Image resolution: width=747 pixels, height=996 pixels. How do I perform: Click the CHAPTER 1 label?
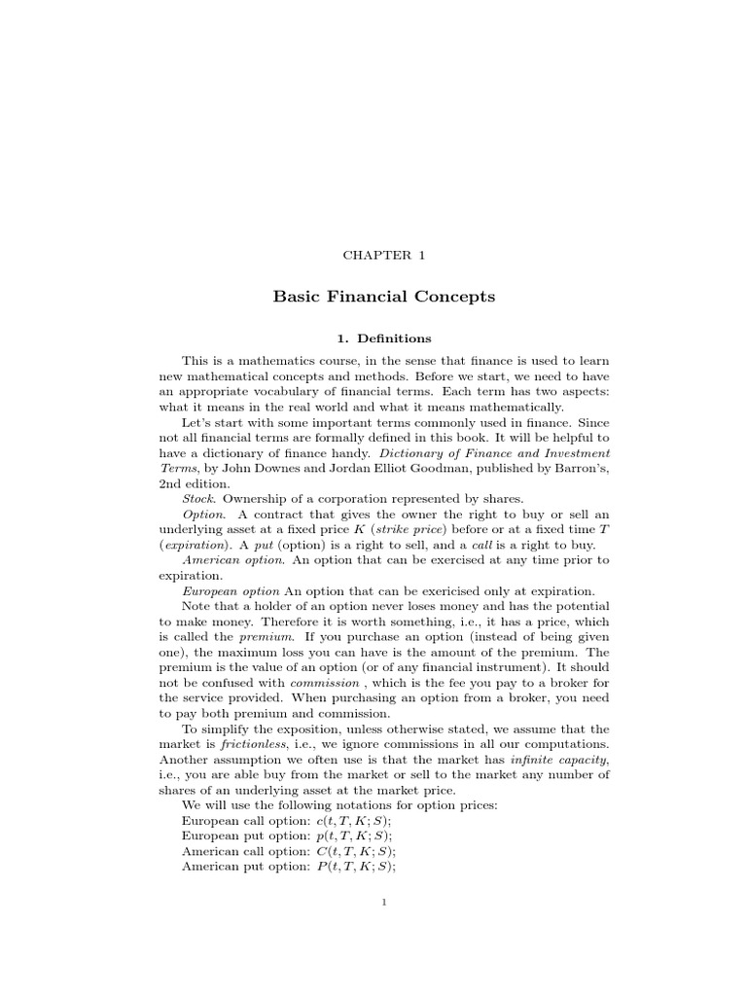click(x=384, y=256)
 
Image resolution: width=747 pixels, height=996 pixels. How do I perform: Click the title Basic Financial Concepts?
click(x=384, y=297)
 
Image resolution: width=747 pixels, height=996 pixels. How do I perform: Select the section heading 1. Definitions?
click(x=384, y=338)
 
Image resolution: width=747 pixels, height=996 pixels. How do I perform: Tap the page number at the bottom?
click(x=385, y=904)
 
